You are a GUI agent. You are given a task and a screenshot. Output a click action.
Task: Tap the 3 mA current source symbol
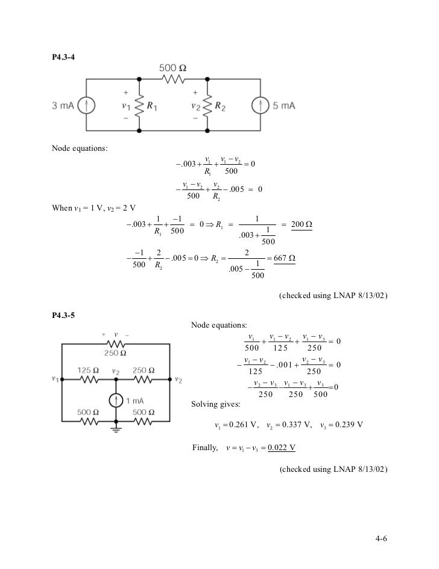click(x=87, y=105)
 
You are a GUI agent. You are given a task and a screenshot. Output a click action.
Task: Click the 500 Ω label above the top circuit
click(x=172, y=68)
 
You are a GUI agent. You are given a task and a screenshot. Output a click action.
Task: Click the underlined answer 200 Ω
click(x=301, y=224)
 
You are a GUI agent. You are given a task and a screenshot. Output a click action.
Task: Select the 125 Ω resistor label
click(x=89, y=370)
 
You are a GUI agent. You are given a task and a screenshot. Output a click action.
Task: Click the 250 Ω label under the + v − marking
click(x=113, y=352)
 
